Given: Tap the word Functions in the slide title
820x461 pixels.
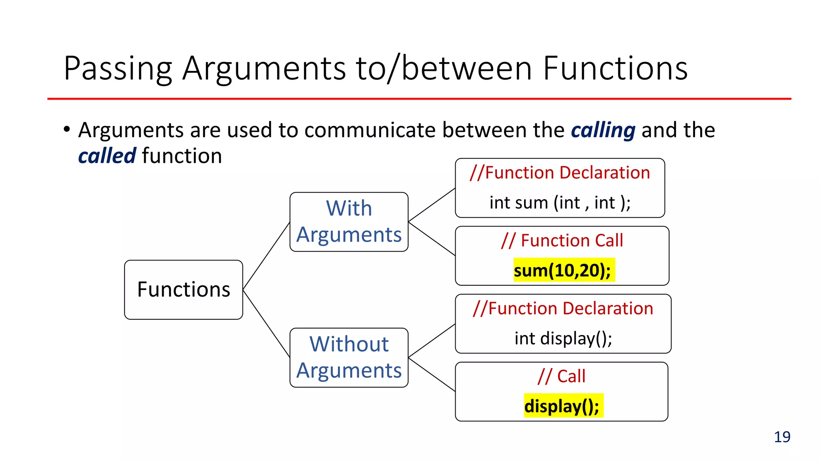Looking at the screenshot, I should point(615,69).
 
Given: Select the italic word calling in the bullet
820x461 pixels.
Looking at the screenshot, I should point(603,130).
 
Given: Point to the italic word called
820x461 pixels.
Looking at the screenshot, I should point(107,156).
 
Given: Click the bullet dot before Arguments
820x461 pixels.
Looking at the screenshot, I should point(67,129).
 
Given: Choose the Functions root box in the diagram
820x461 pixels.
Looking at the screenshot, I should point(183,289).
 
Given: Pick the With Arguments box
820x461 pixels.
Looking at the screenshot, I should point(349,222).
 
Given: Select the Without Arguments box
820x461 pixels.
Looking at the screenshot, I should point(349,357).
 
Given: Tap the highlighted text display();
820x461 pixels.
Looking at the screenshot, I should point(562,406).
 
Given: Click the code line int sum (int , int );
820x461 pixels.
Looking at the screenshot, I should point(560,202).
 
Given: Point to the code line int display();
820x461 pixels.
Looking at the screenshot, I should point(563,339).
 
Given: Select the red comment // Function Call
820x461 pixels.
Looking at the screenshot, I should point(562,241).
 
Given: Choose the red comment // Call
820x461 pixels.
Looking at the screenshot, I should point(561,376).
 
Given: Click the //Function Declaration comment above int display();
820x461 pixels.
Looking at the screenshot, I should point(563,309).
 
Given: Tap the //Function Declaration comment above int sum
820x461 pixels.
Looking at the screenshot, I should point(560,173).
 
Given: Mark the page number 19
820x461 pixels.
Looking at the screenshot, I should point(782,437).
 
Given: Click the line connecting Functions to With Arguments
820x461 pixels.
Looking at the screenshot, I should point(266,256).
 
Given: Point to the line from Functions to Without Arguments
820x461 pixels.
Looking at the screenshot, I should point(266,323).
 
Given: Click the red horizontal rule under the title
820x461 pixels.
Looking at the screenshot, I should point(419,99).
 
